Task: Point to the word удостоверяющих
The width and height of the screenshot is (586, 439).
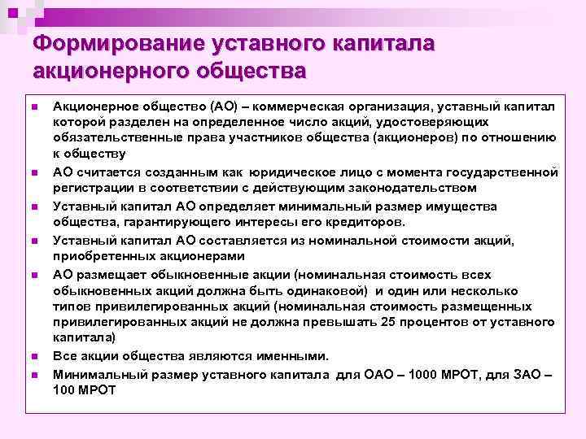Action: click(431, 121)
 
